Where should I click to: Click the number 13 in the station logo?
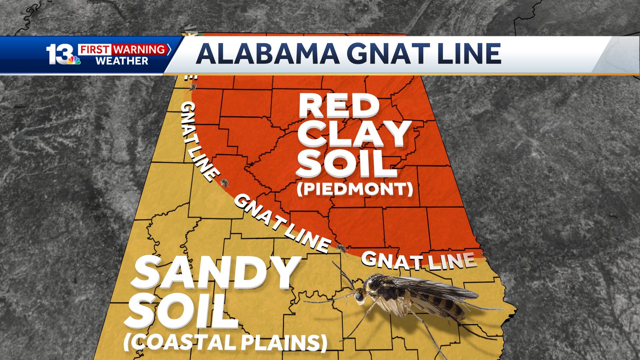58,54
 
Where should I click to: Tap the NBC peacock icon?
74,60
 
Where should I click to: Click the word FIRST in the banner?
95,50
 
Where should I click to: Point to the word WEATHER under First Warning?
122,61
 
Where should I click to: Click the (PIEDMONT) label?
355,189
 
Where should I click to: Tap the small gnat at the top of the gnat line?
192,87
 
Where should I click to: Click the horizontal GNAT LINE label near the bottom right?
418,261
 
